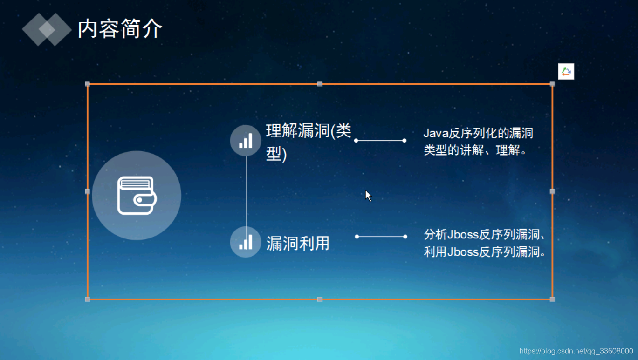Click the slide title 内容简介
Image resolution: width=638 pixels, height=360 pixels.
[120, 29]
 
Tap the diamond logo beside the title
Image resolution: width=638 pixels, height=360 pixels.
[47, 29]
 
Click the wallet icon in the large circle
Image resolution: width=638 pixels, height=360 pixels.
[137, 196]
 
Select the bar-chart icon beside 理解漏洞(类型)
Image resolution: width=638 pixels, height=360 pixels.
[246, 140]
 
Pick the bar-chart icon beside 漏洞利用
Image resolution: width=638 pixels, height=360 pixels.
[246, 242]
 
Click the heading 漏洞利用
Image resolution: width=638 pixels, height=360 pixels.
[298, 243]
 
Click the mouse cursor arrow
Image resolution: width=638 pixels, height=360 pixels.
[368, 195]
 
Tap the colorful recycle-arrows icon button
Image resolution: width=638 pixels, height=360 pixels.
[566, 71]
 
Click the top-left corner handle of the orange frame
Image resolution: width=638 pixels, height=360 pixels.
[88, 84]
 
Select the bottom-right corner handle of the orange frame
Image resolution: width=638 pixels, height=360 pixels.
[552, 299]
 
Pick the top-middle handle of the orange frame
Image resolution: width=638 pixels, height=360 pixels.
[320, 84]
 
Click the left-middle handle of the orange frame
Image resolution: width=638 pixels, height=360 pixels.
[88, 191]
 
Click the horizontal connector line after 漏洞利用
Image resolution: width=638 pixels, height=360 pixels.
[381, 237]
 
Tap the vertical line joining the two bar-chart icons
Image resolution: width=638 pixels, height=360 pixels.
[246, 191]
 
